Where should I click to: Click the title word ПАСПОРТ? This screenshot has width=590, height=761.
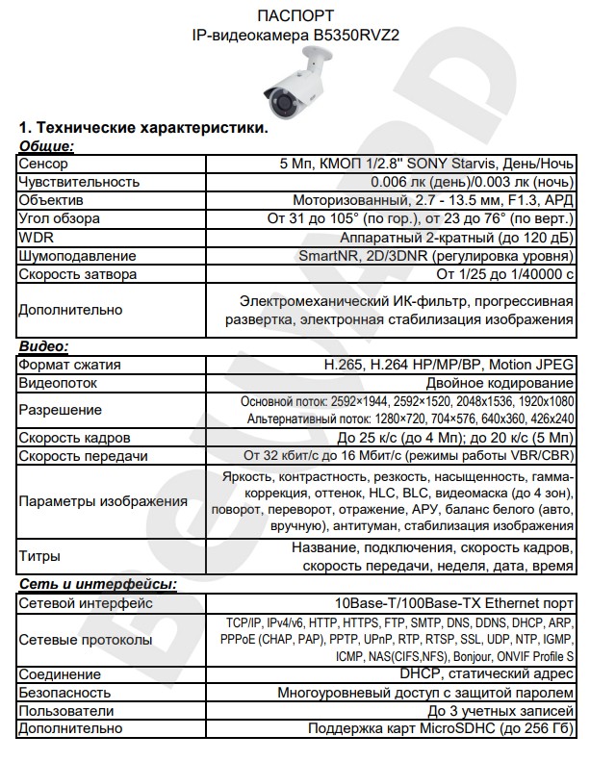(295, 16)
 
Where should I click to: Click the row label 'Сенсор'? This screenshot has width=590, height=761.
(43, 164)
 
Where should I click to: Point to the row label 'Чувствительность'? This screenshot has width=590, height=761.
(79, 182)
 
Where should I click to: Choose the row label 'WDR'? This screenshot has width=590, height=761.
(36, 238)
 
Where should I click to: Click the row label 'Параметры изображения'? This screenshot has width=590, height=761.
(103, 501)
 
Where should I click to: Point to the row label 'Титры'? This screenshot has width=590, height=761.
(39, 556)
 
